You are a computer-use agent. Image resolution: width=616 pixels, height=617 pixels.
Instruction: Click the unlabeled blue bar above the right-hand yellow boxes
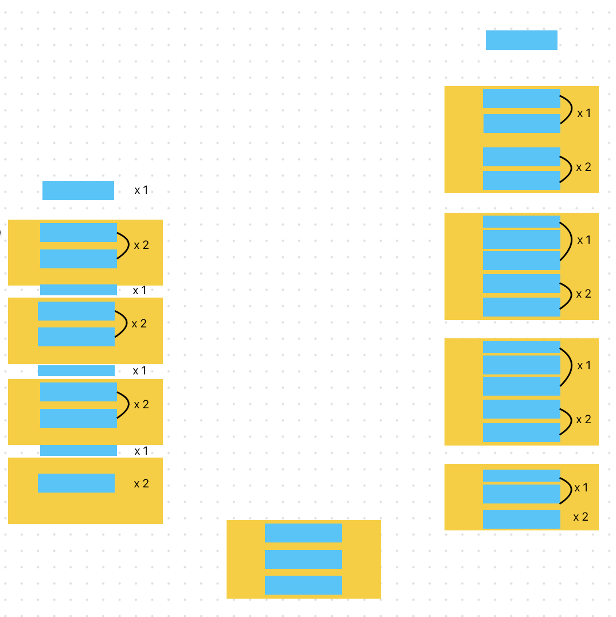coord(521,40)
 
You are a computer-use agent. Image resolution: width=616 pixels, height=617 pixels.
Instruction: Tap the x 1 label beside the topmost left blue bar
coord(141,190)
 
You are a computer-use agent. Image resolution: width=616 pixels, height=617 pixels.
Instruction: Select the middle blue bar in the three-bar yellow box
coord(303,559)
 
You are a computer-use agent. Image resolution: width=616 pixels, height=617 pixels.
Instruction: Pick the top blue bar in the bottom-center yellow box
coord(303,533)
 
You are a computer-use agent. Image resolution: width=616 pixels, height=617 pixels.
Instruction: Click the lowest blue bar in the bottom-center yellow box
coord(303,585)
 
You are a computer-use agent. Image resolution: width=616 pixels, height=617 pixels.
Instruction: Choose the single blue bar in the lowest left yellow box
coord(76,483)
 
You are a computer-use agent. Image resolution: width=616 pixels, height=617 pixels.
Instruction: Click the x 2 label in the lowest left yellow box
coord(141,483)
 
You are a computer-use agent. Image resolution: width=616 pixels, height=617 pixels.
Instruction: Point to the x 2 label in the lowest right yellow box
coord(580,517)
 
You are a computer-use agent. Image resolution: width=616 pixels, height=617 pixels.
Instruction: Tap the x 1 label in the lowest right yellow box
coord(581,488)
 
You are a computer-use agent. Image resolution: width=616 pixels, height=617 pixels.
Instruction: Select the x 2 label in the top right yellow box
coord(583,167)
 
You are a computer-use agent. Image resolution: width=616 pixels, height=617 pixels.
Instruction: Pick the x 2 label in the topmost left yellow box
coord(141,245)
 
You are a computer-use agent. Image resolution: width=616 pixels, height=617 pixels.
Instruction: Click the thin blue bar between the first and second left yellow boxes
coord(79,290)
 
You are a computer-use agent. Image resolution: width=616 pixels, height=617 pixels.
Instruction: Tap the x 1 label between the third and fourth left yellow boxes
coord(141,451)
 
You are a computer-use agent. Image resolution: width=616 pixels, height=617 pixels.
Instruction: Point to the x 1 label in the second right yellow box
coord(584,240)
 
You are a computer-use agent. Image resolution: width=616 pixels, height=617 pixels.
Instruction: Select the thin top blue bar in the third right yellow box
coord(521,347)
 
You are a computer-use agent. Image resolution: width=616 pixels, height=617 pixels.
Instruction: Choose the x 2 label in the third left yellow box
coord(141,404)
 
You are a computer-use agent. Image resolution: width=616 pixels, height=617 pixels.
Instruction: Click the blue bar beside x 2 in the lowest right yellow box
coord(521,519)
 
